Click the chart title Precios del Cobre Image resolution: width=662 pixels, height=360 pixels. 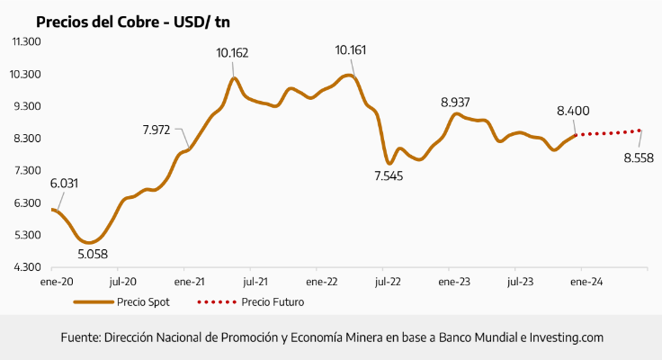tap(130, 22)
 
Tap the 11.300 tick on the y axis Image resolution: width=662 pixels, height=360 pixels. tap(26, 41)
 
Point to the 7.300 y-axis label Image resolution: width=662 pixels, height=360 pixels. tap(26, 170)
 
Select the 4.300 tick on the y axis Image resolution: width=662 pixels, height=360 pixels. tap(26, 267)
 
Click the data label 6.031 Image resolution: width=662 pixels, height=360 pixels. tap(64, 184)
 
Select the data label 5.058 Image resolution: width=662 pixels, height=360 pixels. tap(93, 255)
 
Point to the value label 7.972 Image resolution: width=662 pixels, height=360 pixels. tap(157, 130)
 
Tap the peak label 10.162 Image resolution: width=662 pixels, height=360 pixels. tap(232, 53)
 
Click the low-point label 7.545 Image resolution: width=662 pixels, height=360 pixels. tap(389, 175)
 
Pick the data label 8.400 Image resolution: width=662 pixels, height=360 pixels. tap(573, 111)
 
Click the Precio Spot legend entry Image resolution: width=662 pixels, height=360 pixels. tap(142, 302)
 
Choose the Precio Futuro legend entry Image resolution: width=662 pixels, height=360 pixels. tap(272, 302)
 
